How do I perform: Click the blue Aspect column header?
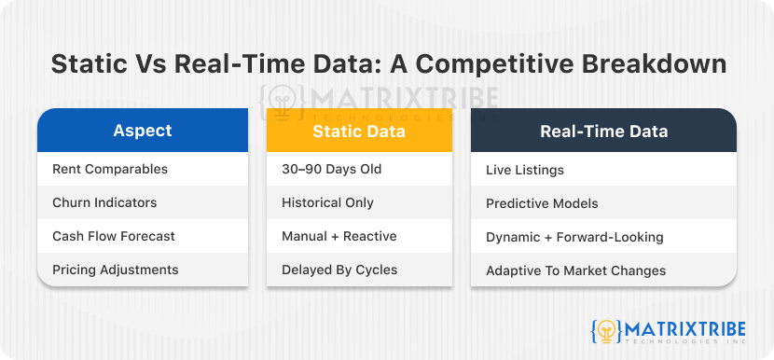[143, 131]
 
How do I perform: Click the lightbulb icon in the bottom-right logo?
[605, 331]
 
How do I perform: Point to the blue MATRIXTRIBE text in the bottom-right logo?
[685, 328]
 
